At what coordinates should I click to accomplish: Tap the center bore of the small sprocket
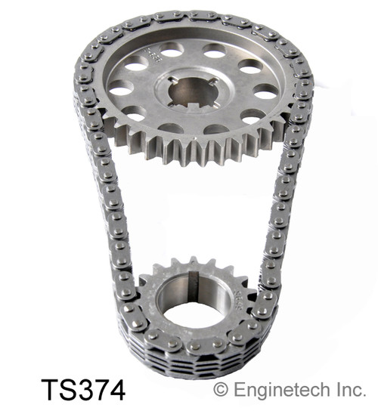pyautogui.click(x=191, y=305)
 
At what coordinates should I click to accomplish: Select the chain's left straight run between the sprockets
pyautogui.click(x=108, y=204)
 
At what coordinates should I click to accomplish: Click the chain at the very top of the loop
pyautogui.click(x=189, y=16)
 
